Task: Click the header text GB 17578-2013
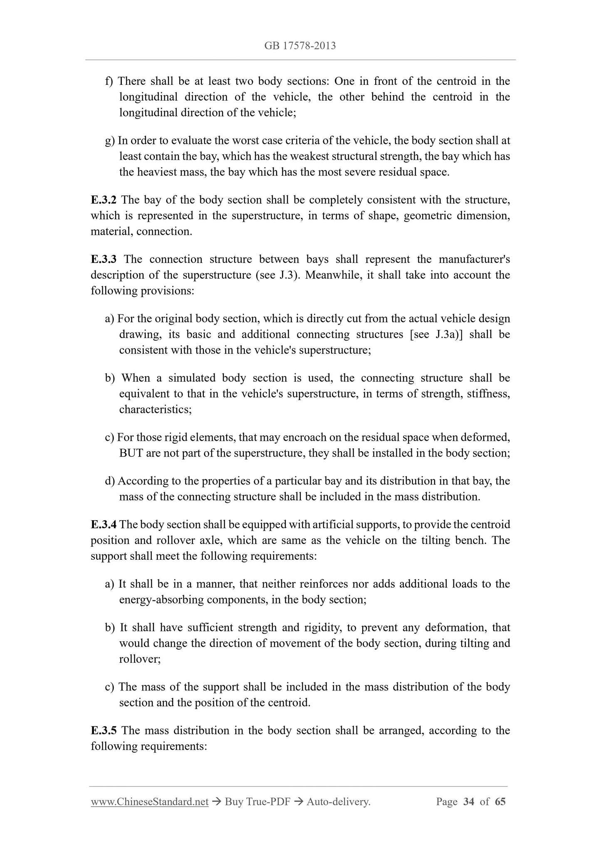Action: (x=300, y=46)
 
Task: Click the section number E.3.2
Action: (x=104, y=200)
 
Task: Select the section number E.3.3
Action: (x=104, y=259)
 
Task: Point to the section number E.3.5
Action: (x=104, y=731)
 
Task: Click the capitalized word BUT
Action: (x=131, y=453)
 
